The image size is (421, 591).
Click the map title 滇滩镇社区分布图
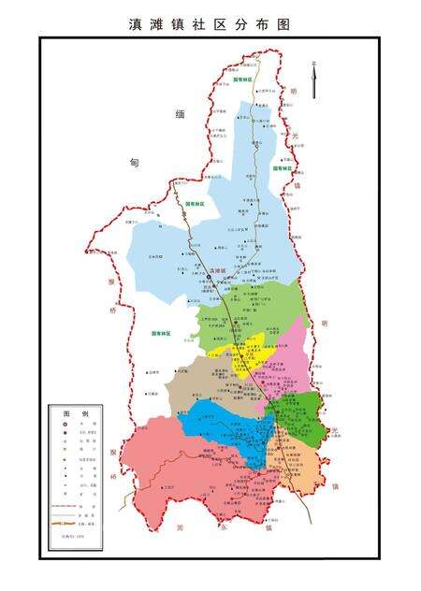click(x=210, y=24)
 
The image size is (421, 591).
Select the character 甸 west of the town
click(x=134, y=162)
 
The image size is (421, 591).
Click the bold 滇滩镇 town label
click(x=218, y=270)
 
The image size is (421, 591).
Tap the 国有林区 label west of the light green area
click(x=165, y=333)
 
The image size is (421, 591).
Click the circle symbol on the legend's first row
click(x=65, y=425)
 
